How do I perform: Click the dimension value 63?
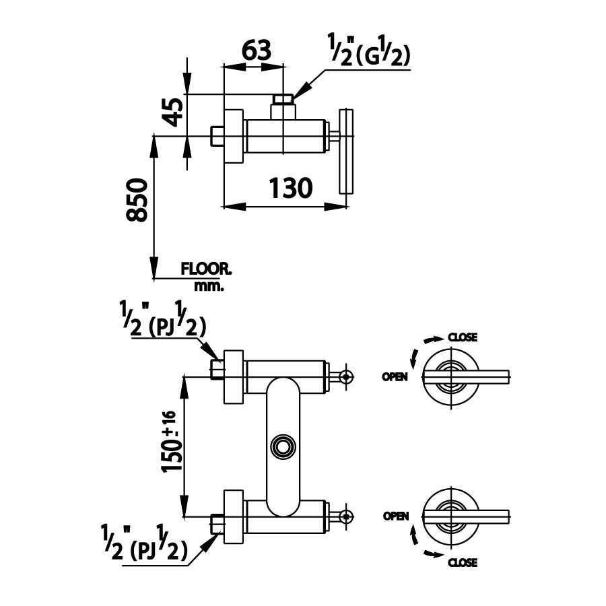pyautogui.click(x=256, y=50)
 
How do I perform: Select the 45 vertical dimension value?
pyautogui.click(x=173, y=111)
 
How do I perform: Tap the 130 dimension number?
pyautogui.click(x=291, y=188)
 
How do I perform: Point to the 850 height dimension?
pyautogui.click(x=137, y=200)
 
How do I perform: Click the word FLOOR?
pyautogui.click(x=206, y=269)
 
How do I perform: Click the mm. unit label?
pyautogui.click(x=209, y=285)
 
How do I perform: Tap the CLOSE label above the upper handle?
pyautogui.click(x=463, y=337)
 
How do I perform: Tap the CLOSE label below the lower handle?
pyautogui.click(x=463, y=562)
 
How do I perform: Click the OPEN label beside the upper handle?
pyautogui.click(x=395, y=377)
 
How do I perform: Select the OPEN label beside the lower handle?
pyautogui.click(x=396, y=516)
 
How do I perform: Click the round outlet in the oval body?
pyautogui.click(x=281, y=445)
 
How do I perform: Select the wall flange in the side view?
pyautogui.click(x=233, y=136)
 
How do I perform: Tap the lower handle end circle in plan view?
pyautogui.click(x=345, y=516)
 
